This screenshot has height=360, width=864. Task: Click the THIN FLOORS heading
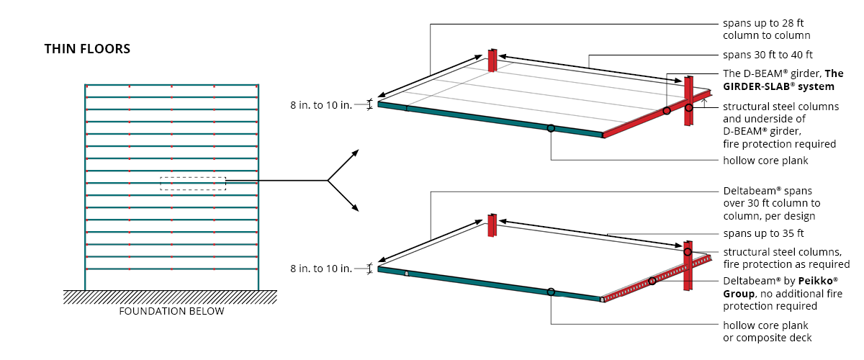coord(87,49)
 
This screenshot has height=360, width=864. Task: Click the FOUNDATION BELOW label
coord(171,311)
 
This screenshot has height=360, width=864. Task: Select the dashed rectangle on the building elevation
coord(193,184)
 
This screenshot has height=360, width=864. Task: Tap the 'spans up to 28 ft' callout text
coord(764,23)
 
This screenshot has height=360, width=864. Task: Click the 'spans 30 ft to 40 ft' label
coord(768,55)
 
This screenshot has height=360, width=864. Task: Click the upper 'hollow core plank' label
coord(765,161)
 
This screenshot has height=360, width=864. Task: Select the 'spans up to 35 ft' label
coord(763,234)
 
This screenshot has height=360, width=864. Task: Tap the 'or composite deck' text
coord(767,338)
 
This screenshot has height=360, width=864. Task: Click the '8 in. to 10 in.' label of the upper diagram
coord(321,104)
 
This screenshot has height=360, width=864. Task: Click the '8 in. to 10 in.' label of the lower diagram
coord(321,269)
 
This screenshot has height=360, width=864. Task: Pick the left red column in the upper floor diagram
coord(492,60)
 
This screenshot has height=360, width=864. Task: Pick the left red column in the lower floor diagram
coord(492,225)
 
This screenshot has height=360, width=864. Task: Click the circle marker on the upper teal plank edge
coord(551,128)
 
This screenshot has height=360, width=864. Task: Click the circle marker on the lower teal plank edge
coord(551,292)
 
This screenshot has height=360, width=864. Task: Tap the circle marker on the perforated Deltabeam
coord(652,281)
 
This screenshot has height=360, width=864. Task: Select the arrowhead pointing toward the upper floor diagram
coord(355,153)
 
